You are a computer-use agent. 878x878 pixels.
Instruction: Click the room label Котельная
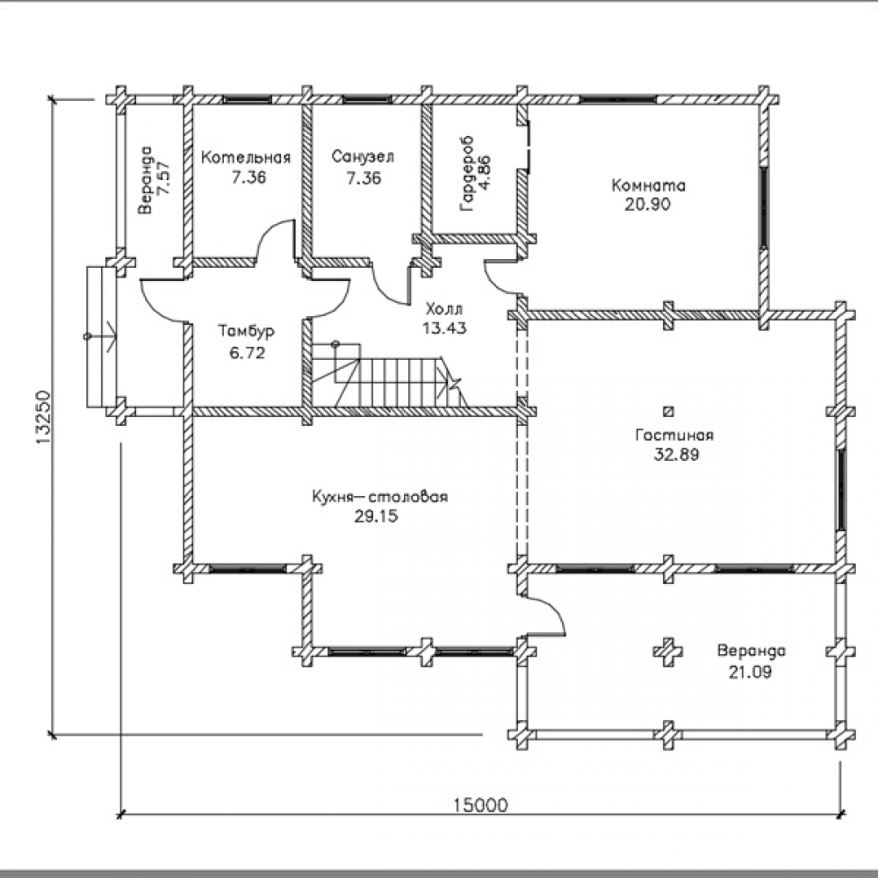pyautogui.click(x=246, y=158)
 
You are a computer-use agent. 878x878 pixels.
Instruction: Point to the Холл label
pyautogui.click(x=443, y=310)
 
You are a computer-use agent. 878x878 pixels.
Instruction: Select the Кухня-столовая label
pyautogui.click(x=379, y=497)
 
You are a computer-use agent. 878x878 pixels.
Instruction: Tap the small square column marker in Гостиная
pyautogui.click(x=668, y=410)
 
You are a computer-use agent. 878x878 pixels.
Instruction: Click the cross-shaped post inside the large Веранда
pyautogui.click(x=668, y=651)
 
